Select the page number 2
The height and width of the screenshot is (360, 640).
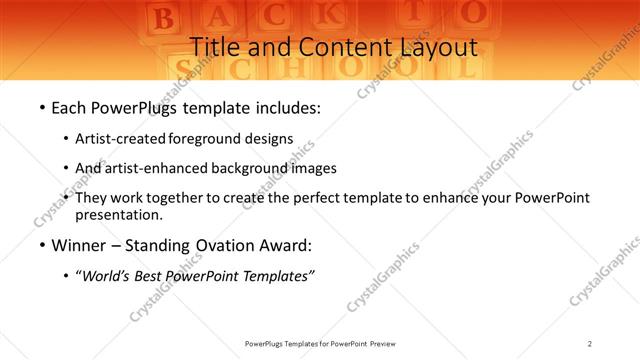tap(590, 343)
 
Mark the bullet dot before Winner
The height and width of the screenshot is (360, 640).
tap(41, 246)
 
